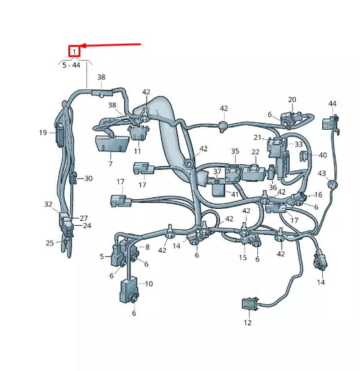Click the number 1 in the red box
point(74,51)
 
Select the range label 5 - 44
point(71,65)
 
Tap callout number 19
point(42,132)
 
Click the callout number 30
point(88,178)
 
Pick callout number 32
point(48,204)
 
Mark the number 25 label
point(49,243)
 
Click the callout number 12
point(247,323)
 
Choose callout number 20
point(292,100)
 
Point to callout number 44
point(332,103)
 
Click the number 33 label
point(299,144)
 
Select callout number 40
point(323,155)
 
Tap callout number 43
point(322,174)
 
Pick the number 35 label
point(235,151)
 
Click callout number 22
point(255,152)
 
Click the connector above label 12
point(247,303)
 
